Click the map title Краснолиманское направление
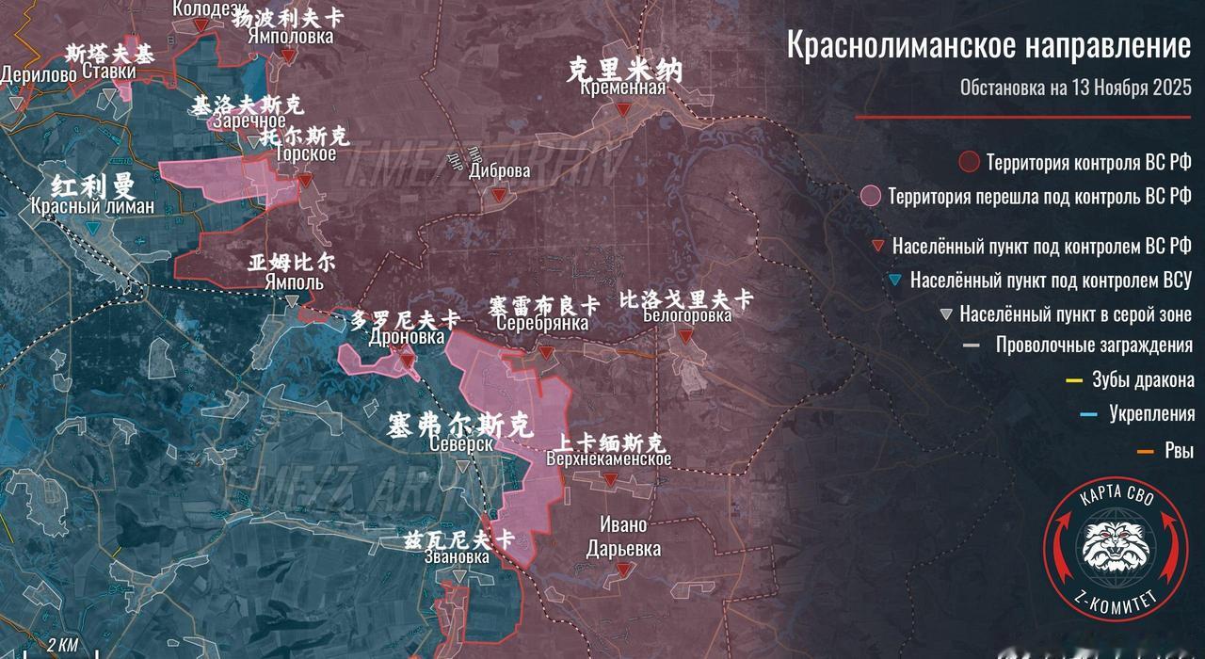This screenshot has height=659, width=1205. point(988,45)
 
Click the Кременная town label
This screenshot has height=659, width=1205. point(617,88)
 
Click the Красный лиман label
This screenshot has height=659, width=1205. point(92,207)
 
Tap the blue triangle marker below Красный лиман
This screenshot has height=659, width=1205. point(91,229)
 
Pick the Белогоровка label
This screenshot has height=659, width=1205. point(687,316)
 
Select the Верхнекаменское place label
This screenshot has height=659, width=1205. point(609,459)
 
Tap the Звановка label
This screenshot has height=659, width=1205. point(458,557)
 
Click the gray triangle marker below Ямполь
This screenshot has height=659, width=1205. point(293,301)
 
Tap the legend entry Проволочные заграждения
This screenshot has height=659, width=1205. point(1094,346)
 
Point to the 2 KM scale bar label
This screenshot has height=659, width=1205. point(62,645)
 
